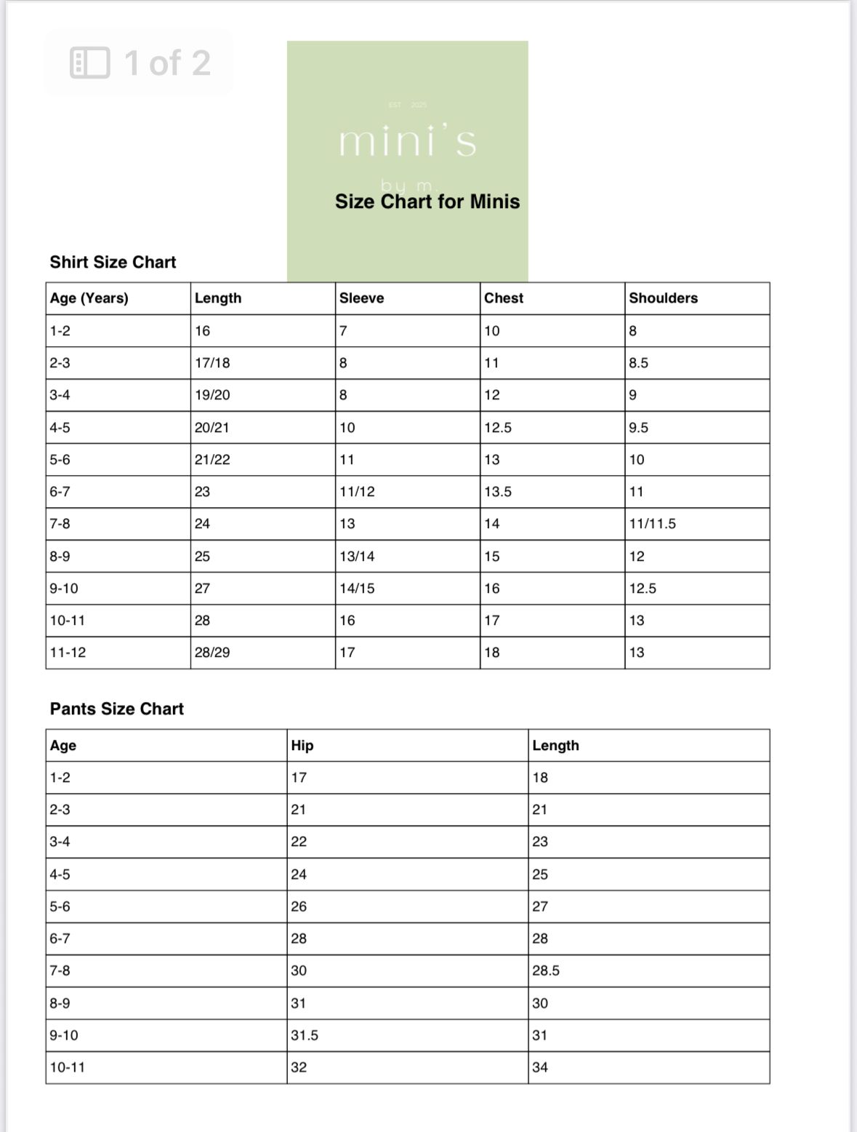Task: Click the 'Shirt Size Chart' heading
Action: [113, 262]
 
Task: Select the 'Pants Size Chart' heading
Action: [116, 709]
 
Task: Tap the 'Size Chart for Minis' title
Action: [427, 202]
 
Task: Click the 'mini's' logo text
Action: [407, 140]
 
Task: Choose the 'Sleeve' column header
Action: [361, 298]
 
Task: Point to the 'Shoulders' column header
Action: [663, 298]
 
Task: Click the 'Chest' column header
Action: [504, 298]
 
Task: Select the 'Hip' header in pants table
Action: [302, 746]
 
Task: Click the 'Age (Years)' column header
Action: [89, 298]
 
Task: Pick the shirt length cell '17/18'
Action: [212, 363]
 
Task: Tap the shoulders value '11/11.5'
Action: [652, 524]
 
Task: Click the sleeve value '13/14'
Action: [357, 557]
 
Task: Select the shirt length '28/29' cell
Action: [212, 653]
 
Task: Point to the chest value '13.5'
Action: [498, 492]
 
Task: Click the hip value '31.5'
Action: [305, 1035]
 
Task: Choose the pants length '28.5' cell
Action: [546, 970]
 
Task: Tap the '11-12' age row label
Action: [68, 653]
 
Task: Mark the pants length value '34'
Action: [540, 1067]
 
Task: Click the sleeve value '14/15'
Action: [357, 589]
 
